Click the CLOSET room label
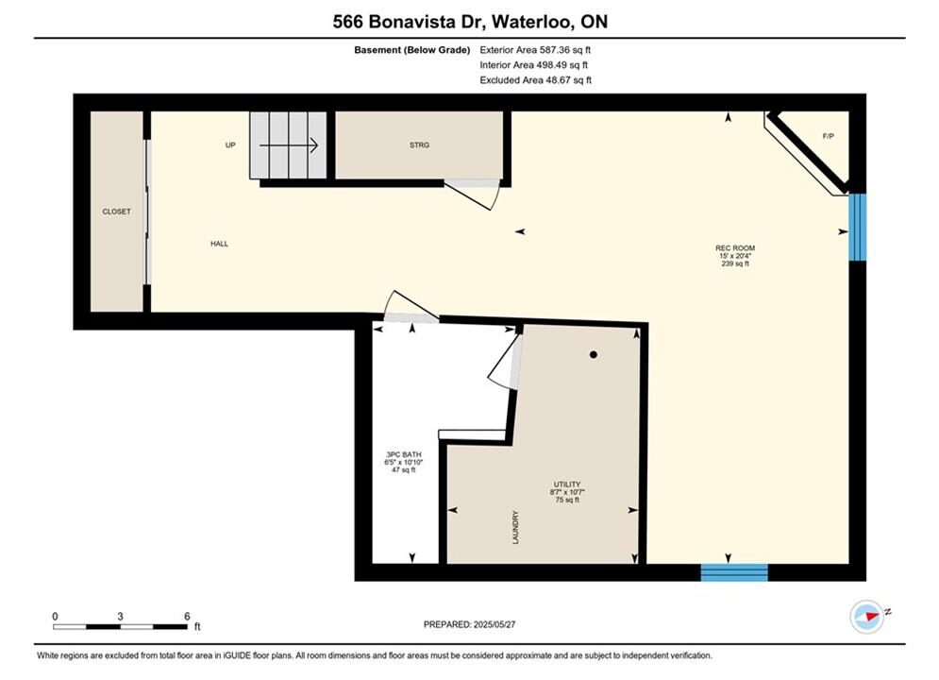pyautogui.click(x=116, y=212)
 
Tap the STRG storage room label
pyautogui.click(x=419, y=145)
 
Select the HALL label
pyautogui.click(x=219, y=244)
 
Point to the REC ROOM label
pyautogui.click(x=735, y=248)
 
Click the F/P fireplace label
pyautogui.click(x=829, y=137)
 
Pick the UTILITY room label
pyautogui.click(x=567, y=484)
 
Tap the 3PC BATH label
pyautogui.click(x=404, y=454)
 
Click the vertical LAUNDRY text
pyautogui.click(x=515, y=527)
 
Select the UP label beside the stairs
pyautogui.click(x=230, y=145)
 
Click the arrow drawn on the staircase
pyautogui.click(x=288, y=145)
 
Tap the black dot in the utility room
pyautogui.click(x=594, y=355)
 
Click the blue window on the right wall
pyautogui.click(x=858, y=227)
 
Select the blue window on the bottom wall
pyautogui.click(x=734, y=572)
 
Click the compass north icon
pyautogui.click(x=867, y=616)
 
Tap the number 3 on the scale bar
pyautogui.click(x=121, y=616)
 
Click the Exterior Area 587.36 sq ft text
pyautogui.click(x=535, y=50)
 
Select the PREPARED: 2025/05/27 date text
pyautogui.click(x=470, y=624)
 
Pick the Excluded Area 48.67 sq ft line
pyautogui.click(x=535, y=79)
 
